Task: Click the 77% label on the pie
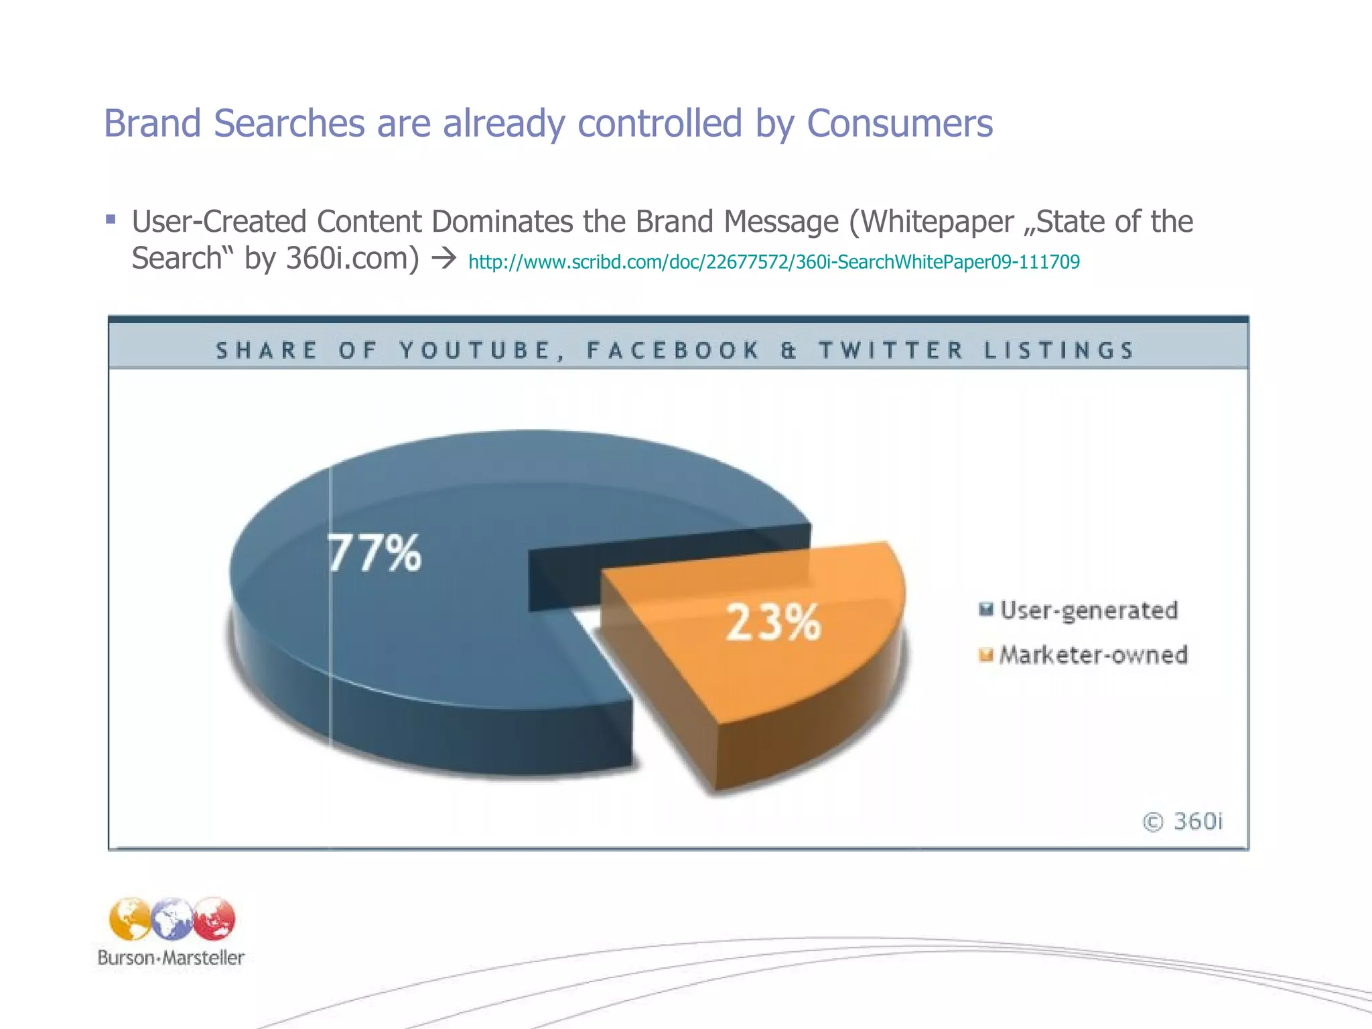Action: (x=374, y=553)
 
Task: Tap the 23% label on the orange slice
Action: (x=773, y=622)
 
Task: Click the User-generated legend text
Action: (x=1089, y=610)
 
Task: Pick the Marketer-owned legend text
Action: (x=1093, y=655)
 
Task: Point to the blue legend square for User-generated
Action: (x=985, y=609)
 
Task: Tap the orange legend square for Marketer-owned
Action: (x=985, y=655)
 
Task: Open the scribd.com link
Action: (x=774, y=262)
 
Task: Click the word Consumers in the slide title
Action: (x=900, y=123)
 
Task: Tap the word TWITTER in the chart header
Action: (x=891, y=350)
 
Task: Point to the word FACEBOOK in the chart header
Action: (x=673, y=350)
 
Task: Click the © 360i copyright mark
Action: (x=1182, y=821)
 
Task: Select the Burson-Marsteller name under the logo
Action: (x=171, y=957)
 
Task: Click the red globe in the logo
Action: (x=214, y=918)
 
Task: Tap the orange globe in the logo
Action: (x=130, y=919)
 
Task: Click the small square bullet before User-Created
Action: (x=111, y=219)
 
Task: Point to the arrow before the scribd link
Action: (x=444, y=259)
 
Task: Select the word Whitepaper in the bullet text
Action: (x=938, y=222)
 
